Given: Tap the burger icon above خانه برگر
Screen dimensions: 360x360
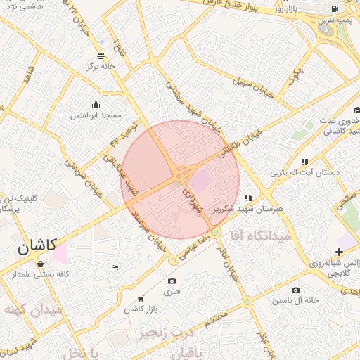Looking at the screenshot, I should click(101, 55).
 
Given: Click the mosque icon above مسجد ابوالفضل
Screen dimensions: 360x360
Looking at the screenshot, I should click(96, 104).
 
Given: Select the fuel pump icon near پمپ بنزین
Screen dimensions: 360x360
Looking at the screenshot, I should click(333, 9).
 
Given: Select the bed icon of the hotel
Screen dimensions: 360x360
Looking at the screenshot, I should click(115, 267).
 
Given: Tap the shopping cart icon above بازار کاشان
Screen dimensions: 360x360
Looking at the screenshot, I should click(141, 300).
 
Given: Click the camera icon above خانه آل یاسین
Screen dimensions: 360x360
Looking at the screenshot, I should click(295, 290).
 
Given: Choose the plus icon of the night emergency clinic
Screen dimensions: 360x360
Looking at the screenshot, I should click(340, 252).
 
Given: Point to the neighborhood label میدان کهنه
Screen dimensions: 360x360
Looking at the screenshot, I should click(32, 309).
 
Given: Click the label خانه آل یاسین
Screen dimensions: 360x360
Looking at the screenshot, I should click(293, 300).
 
